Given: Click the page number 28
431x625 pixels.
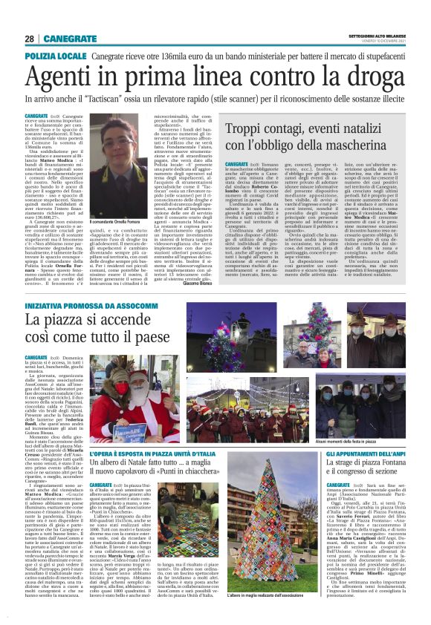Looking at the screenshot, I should pos(29,39).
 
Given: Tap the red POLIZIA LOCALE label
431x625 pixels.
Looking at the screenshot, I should pos(56,56).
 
